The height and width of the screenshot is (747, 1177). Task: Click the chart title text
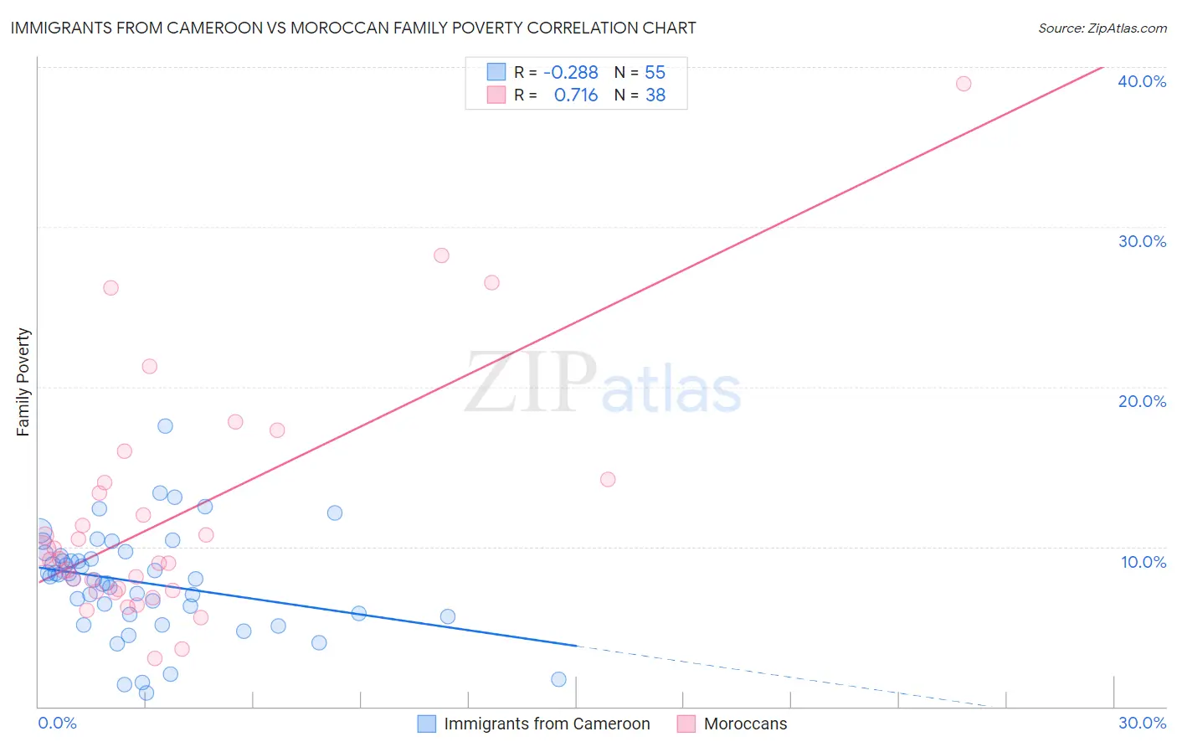353,28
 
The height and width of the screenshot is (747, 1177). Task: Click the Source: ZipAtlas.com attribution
1102,28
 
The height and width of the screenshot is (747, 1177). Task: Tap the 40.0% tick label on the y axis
1142,81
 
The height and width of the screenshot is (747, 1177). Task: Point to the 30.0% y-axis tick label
1142,241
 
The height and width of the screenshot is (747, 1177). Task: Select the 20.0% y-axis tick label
1142,401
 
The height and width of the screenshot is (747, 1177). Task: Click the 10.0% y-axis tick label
1144,562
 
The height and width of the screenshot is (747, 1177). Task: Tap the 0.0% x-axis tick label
57,723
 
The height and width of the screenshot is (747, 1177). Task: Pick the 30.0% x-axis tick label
1142,723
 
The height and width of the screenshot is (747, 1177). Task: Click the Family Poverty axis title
23,382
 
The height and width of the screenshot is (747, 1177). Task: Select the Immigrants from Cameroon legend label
547,724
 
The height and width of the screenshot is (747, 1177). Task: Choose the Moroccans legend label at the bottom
745,724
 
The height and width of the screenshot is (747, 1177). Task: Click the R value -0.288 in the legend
570,73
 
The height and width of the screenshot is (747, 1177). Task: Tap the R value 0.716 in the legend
576,95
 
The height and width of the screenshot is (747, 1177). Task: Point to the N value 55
655,73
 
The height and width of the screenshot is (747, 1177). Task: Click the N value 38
655,95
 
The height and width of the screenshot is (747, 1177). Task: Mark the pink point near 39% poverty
964,84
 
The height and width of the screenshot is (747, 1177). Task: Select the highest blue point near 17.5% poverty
166,426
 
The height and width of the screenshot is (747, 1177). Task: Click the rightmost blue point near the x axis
558,679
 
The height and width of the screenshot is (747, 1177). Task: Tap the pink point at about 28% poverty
441,255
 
